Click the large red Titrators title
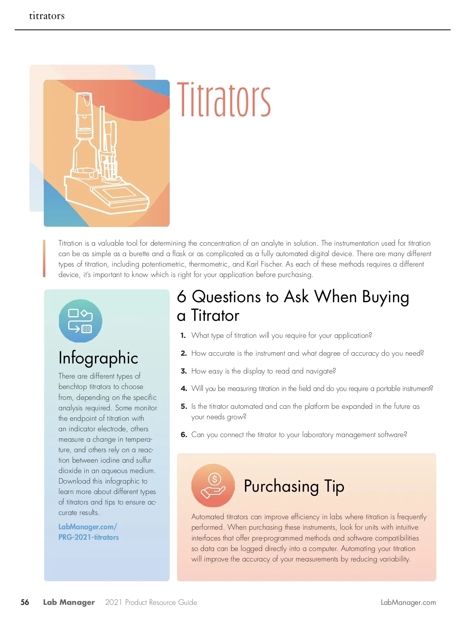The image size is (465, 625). (x=224, y=100)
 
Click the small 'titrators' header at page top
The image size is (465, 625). (x=47, y=16)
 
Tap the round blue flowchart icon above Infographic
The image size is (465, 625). (x=81, y=321)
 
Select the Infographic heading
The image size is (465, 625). (x=98, y=358)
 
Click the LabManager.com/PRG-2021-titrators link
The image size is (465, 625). (x=88, y=532)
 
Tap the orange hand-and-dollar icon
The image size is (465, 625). (x=213, y=486)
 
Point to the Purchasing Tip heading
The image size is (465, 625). (x=294, y=486)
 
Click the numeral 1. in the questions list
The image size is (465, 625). (x=183, y=336)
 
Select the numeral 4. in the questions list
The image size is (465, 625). (x=184, y=389)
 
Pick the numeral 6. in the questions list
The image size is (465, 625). (x=184, y=435)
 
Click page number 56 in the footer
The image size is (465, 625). (x=25, y=602)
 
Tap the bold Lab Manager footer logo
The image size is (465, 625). (x=69, y=602)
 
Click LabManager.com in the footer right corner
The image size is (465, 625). (x=408, y=603)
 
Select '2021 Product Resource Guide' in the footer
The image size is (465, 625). (x=151, y=603)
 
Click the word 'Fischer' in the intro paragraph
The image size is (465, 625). (x=270, y=264)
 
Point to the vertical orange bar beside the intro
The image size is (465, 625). (x=44, y=258)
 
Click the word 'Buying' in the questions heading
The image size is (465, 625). (x=385, y=297)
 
